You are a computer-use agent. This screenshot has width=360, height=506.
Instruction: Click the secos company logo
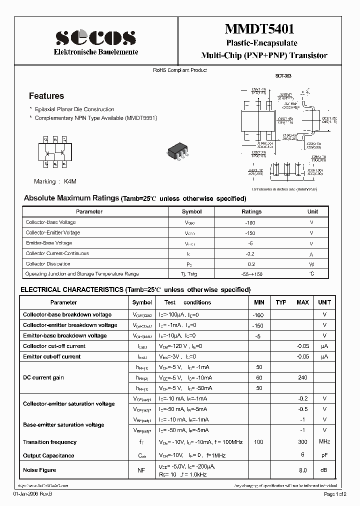[x=95, y=37]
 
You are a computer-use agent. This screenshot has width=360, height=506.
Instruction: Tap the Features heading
[x=46, y=96]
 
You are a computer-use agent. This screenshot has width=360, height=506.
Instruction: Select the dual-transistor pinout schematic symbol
[x=55, y=150]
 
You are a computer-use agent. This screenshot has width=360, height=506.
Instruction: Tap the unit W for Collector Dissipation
[x=311, y=264]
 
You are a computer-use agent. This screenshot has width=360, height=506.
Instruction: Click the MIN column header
[x=259, y=302]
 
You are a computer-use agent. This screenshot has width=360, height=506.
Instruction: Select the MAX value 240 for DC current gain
[x=302, y=378]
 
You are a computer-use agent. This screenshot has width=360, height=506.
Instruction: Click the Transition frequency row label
[x=49, y=442]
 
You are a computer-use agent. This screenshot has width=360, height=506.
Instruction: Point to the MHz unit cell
[x=324, y=441]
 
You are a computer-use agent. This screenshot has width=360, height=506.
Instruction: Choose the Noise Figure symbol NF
[x=141, y=470]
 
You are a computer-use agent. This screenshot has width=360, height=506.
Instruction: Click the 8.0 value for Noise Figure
[x=302, y=470]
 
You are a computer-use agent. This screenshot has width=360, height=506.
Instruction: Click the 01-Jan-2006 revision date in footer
[x=32, y=494]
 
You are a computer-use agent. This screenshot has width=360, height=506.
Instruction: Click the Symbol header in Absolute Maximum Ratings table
[x=191, y=211]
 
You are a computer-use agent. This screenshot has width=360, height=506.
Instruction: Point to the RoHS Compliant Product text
[x=180, y=70]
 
